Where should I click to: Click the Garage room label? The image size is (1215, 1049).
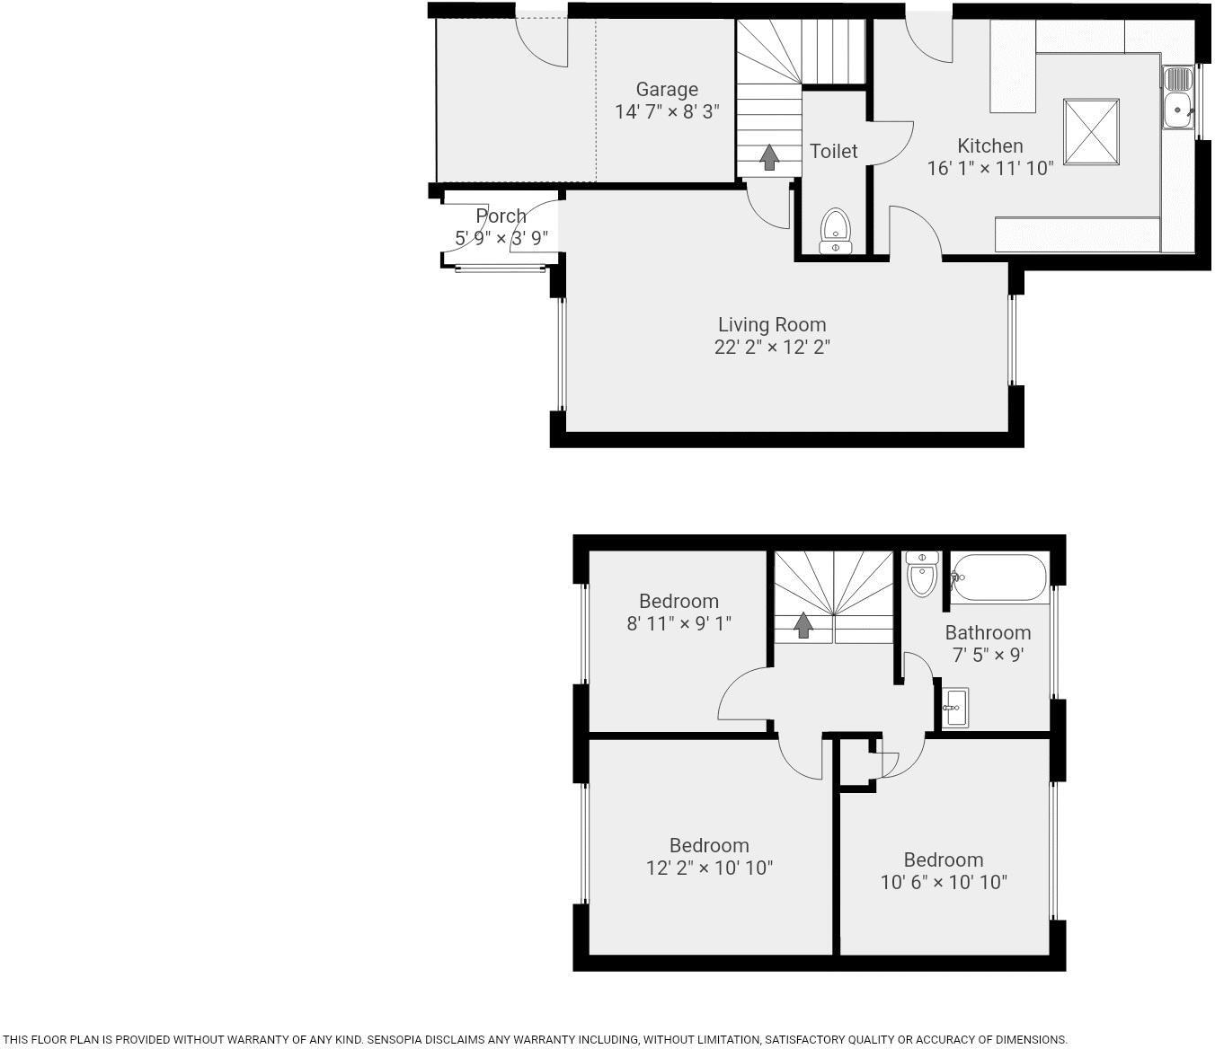[x=667, y=90]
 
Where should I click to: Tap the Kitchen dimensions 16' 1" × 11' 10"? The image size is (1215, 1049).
[x=989, y=168]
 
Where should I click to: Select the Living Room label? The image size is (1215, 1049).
[x=772, y=324]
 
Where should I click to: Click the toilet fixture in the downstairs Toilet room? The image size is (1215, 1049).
[x=835, y=231]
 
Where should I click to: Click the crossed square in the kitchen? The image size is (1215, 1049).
[x=1091, y=132]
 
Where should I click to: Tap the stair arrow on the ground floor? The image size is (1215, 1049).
[x=769, y=157]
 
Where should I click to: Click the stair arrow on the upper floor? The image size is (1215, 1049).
[x=803, y=625]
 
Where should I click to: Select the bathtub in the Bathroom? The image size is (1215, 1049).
[x=999, y=577]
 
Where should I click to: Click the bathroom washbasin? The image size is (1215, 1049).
[x=954, y=708]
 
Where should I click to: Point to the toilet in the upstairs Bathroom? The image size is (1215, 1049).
[x=922, y=575]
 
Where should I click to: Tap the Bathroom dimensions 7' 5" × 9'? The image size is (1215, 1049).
[x=988, y=655]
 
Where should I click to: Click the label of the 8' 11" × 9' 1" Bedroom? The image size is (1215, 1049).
[x=678, y=601]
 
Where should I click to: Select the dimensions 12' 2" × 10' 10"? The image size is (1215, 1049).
[x=709, y=868]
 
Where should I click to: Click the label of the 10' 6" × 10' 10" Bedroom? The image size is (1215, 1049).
[x=944, y=859]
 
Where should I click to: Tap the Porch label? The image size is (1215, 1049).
[x=501, y=216]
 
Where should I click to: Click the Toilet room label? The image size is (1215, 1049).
[x=834, y=151]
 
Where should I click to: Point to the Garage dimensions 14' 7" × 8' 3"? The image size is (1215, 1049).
[x=667, y=112]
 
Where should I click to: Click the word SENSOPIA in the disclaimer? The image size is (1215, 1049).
[x=398, y=1039]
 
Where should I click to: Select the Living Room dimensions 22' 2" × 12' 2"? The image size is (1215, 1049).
[x=772, y=347]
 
